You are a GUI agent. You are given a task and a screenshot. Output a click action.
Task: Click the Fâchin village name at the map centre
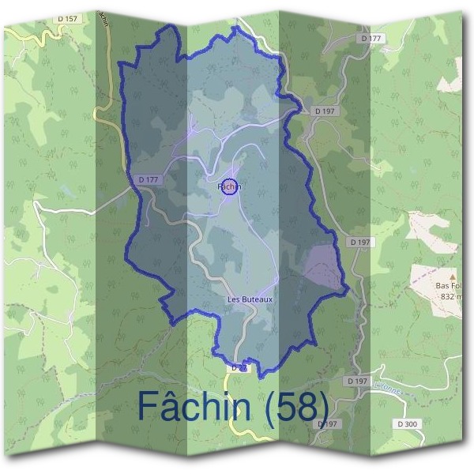(228, 187)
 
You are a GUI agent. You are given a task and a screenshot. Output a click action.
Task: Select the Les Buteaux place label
(250, 299)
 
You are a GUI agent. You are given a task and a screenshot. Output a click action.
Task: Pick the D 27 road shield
(239, 368)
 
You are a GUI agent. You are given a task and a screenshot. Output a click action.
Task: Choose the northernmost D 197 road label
(324, 111)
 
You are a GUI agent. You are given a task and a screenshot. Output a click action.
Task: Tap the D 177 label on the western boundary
(149, 180)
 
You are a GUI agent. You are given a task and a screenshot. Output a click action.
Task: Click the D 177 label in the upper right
(370, 38)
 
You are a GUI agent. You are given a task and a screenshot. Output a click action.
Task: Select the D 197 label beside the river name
(357, 381)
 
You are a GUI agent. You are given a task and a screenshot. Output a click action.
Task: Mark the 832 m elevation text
(453, 297)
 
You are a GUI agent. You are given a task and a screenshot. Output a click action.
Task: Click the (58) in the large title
(298, 406)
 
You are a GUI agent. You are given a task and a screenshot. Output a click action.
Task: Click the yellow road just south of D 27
(239, 411)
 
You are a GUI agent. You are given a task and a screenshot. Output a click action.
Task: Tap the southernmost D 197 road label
(328, 424)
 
